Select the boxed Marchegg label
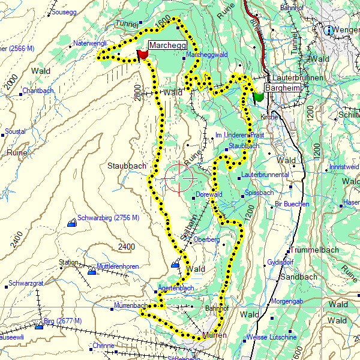(x=167, y=45)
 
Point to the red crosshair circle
(x=178, y=179)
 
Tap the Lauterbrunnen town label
(x=299, y=79)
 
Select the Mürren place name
(x=214, y=335)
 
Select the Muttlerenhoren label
(x=118, y=266)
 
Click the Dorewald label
(x=209, y=194)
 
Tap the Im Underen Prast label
(x=239, y=135)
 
